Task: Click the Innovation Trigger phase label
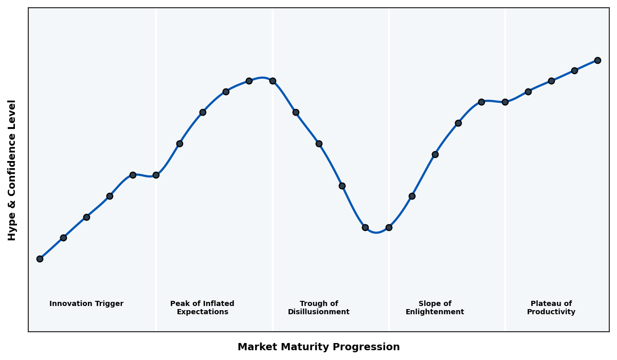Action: click(86, 304)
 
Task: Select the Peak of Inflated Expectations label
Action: click(202, 308)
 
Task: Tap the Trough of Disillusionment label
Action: click(319, 308)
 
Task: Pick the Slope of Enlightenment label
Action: click(434, 308)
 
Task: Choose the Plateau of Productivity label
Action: click(551, 308)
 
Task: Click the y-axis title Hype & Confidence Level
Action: click(12, 170)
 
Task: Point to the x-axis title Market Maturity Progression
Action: click(319, 347)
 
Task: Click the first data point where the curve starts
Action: click(40, 259)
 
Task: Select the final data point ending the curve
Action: click(597, 60)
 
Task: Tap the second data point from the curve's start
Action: click(63, 238)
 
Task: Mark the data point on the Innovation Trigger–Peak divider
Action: click(156, 175)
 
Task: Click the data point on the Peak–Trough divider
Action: click(273, 81)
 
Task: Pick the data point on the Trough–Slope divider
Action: click(389, 227)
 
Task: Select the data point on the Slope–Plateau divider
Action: click(505, 102)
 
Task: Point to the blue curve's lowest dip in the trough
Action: click(376, 232)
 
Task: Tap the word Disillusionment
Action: click(319, 312)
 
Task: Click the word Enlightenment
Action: click(434, 312)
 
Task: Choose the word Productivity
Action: click(551, 312)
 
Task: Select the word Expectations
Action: click(202, 312)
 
